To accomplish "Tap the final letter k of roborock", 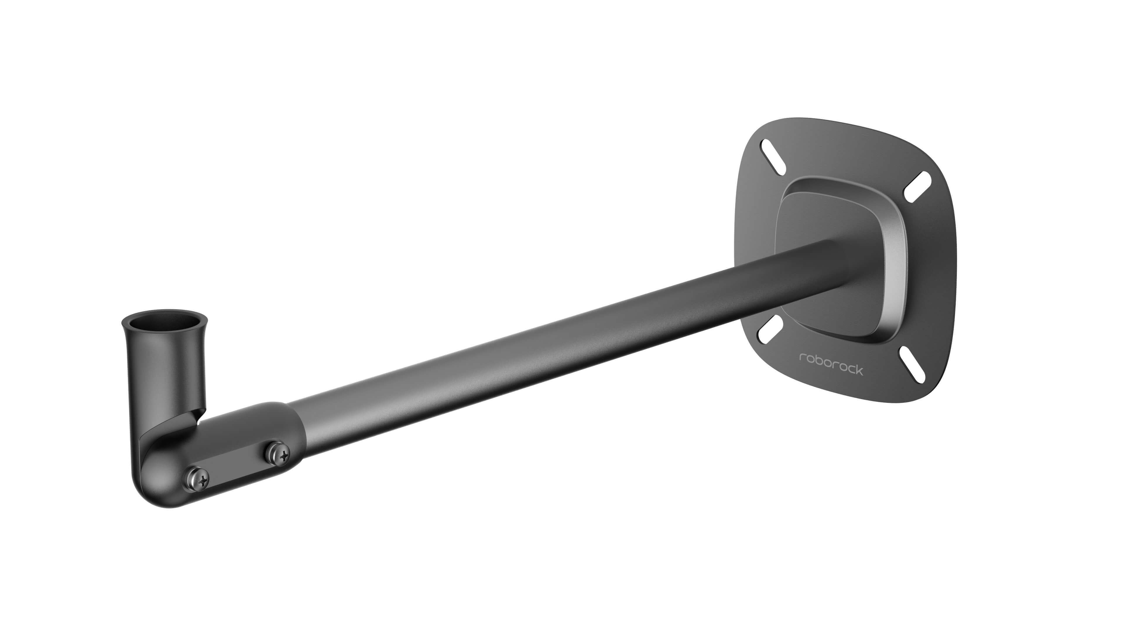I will tap(859, 371).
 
